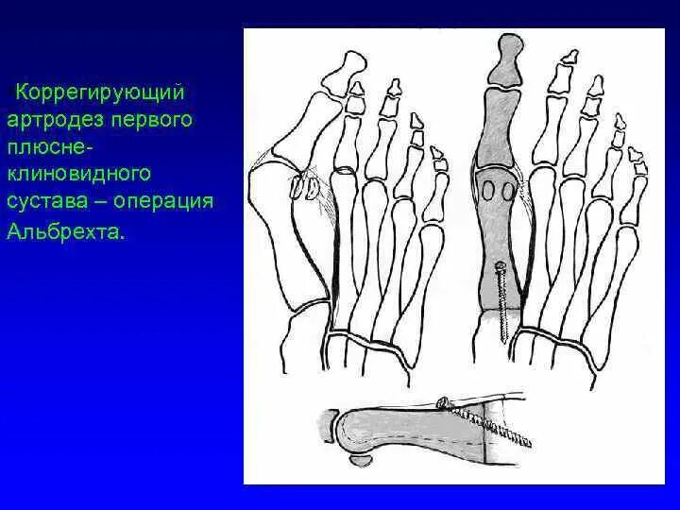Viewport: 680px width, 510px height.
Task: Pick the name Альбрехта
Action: point(65,229)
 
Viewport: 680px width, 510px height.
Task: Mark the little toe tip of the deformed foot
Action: point(437,155)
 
